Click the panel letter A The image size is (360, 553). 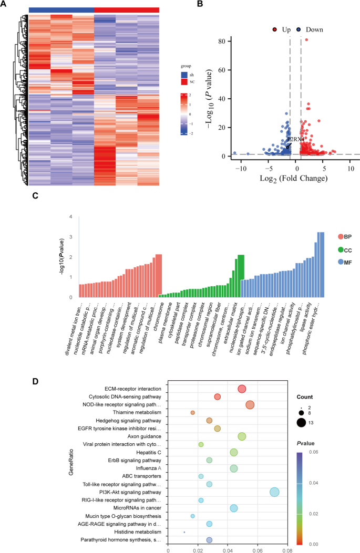click(5, 4)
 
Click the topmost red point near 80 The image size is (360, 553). click(306, 39)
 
